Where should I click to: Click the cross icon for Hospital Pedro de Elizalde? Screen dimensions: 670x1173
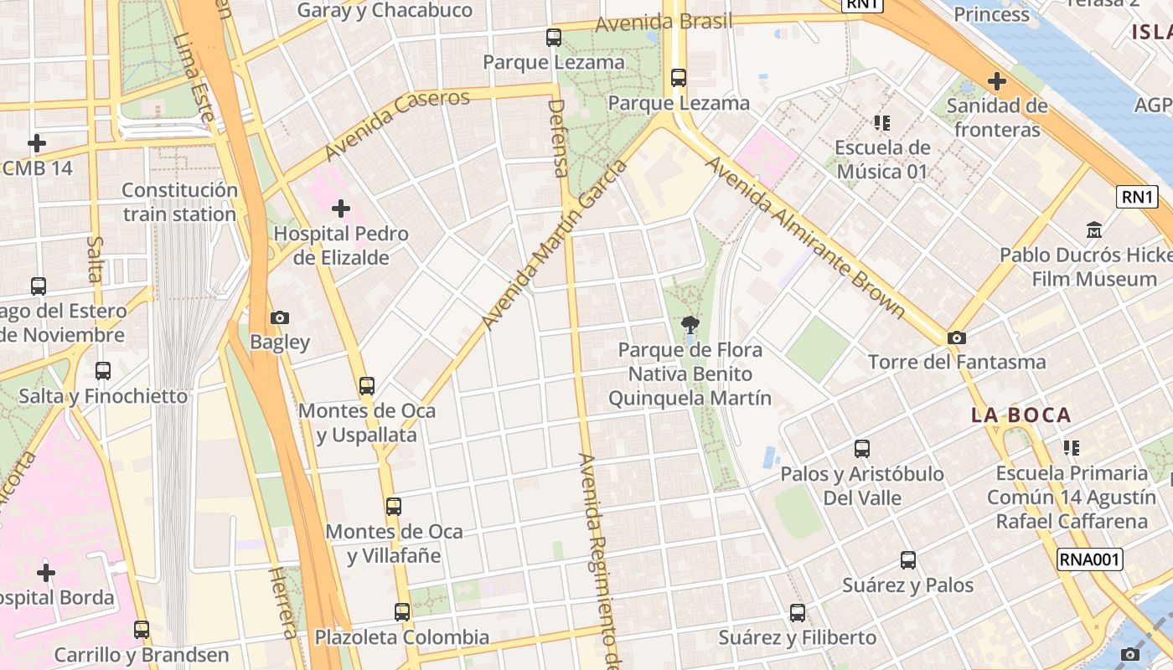[x=341, y=208]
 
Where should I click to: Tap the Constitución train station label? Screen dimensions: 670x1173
[x=180, y=202]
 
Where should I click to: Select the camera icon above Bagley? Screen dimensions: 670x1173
[x=280, y=317]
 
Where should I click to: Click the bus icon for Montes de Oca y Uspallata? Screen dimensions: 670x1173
[x=367, y=386]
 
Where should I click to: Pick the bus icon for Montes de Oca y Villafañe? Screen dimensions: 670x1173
[x=394, y=507]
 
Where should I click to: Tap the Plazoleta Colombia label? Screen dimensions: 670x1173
[x=402, y=637]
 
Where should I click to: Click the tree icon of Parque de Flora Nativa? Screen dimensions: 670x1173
[x=690, y=324]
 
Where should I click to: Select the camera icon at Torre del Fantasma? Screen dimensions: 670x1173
[x=956, y=338]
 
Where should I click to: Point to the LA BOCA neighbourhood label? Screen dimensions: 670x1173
[x=1021, y=415]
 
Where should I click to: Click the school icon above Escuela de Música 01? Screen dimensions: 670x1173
[x=881, y=123]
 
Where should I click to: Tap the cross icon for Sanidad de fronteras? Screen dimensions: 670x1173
[x=996, y=81]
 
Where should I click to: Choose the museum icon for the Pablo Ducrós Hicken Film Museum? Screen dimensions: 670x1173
[x=1094, y=229]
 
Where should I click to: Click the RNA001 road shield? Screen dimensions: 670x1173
[x=1089, y=559]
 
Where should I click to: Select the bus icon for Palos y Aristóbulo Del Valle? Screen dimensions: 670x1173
[x=862, y=449]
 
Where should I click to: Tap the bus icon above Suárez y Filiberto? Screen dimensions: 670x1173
[x=798, y=613]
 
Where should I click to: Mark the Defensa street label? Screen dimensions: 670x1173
[x=558, y=138]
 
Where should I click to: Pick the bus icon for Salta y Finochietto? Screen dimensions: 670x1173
[x=103, y=370]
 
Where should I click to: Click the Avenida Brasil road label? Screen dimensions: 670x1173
[x=664, y=23]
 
